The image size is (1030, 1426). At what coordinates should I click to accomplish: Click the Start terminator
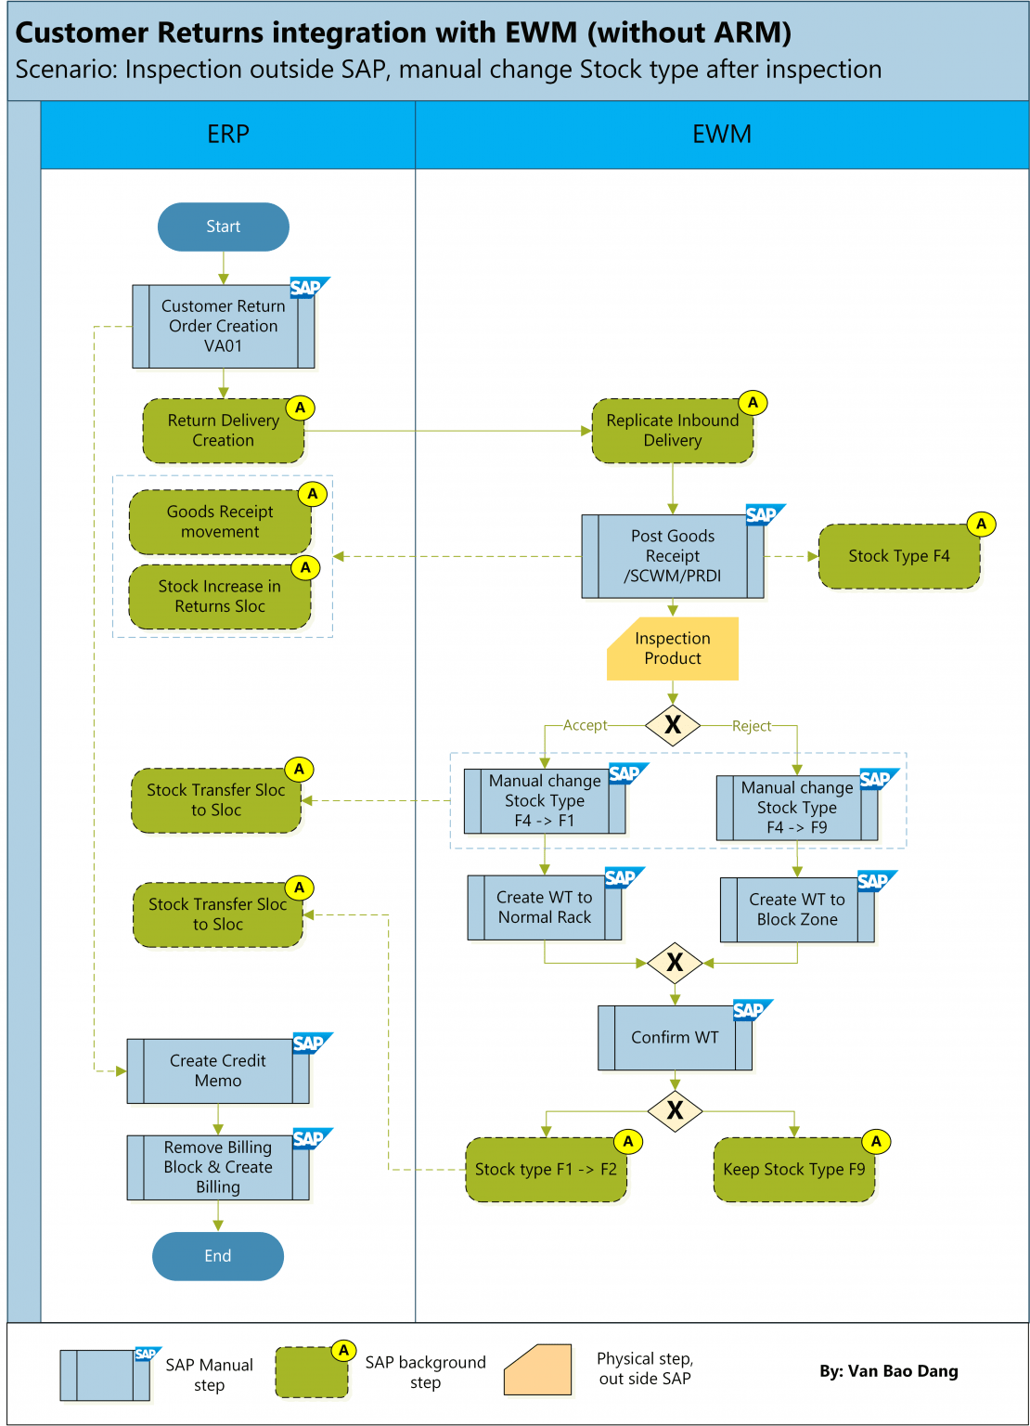[223, 227]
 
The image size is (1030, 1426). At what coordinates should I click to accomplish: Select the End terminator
[217, 1256]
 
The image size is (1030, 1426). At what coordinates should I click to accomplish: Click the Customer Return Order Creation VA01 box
[223, 326]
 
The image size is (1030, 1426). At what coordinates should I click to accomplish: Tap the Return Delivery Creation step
[223, 431]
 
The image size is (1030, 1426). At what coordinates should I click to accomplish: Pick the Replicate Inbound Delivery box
[672, 431]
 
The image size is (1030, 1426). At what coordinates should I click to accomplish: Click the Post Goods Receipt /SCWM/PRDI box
[672, 556]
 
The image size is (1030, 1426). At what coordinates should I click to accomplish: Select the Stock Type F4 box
[898, 556]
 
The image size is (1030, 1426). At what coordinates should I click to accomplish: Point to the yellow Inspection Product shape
[672, 649]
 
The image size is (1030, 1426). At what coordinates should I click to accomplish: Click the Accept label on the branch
[585, 725]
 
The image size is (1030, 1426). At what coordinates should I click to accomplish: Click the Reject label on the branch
[752, 726]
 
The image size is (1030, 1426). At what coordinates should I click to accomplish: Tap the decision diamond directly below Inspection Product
[673, 725]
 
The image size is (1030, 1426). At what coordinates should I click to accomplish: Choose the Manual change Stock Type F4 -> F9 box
[796, 808]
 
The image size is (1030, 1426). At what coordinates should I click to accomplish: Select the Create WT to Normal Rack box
[544, 908]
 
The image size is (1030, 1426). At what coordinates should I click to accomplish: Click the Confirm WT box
[675, 1038]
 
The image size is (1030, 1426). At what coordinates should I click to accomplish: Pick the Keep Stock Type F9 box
[793, 1170]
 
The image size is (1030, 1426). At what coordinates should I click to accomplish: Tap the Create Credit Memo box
[217, 1071]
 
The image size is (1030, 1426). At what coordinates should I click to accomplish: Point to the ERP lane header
[227, 135]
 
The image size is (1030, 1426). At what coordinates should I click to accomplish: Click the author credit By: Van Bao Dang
[888, 1371]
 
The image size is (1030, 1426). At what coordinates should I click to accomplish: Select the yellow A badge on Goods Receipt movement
[313, 494]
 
